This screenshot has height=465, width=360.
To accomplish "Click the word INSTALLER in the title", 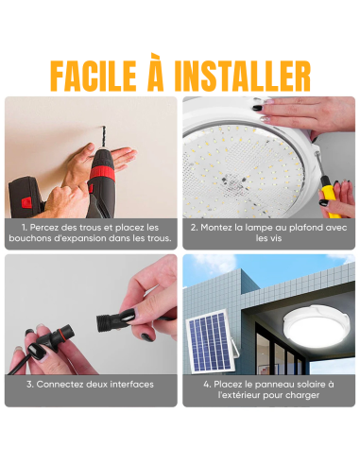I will coord(249,74).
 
